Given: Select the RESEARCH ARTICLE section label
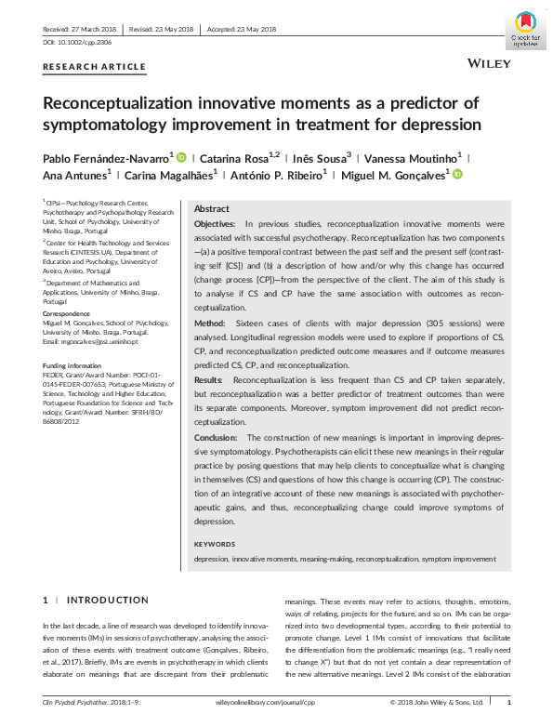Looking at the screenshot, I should click(x=94, y=66).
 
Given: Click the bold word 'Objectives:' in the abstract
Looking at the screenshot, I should click(x=216, y=225).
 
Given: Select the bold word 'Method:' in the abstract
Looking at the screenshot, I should click(x=209, y=322).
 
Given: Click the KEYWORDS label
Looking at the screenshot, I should click(x=215, y=543).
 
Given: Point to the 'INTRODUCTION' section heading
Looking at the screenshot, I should click(x=108, y=601).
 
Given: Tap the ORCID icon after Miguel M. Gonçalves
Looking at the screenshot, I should click(x=457, y=174).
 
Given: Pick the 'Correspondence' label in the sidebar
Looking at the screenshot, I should click(x=67, y=314).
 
